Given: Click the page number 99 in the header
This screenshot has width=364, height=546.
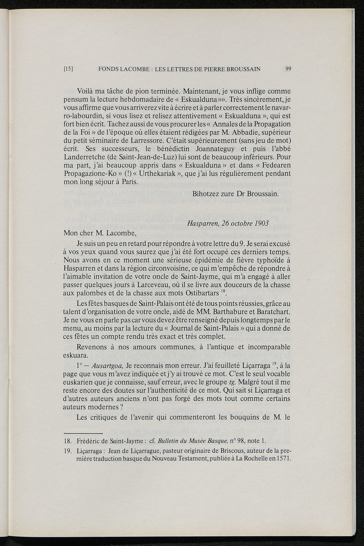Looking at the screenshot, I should click(288, 69).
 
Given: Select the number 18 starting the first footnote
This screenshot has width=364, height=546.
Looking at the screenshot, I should click(68, 442).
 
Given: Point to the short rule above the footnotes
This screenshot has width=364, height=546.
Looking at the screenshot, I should click(83, 433).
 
